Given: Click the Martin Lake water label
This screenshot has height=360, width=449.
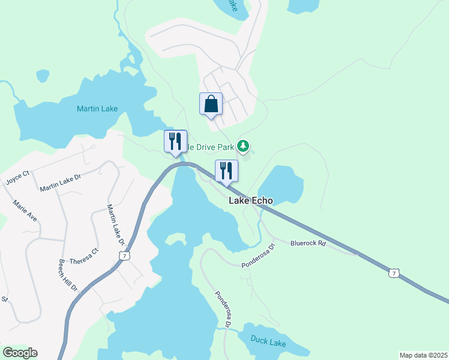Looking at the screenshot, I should point(97,109).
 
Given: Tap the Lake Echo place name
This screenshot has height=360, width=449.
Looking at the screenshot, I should point(251,201).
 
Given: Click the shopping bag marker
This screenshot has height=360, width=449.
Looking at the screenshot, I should point(211,104).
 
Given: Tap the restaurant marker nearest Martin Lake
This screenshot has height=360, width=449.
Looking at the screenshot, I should point(175,142).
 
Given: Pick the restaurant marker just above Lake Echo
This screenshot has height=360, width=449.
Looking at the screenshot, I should point(226,170).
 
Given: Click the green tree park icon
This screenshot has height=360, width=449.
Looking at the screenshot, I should point(243,146).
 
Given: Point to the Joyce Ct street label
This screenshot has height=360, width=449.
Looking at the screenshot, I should point(17,178).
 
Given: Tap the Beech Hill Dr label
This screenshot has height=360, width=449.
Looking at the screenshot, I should point(68,275).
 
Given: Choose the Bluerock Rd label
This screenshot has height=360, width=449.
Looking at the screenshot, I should point(307,244).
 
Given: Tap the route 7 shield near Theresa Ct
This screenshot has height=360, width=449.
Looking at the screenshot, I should point(124,256).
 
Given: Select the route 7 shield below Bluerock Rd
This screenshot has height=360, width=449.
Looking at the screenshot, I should point(393,273).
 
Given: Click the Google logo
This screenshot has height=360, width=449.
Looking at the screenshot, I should point(20,353).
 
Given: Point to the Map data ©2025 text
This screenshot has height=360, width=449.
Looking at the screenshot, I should point(423,355).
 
